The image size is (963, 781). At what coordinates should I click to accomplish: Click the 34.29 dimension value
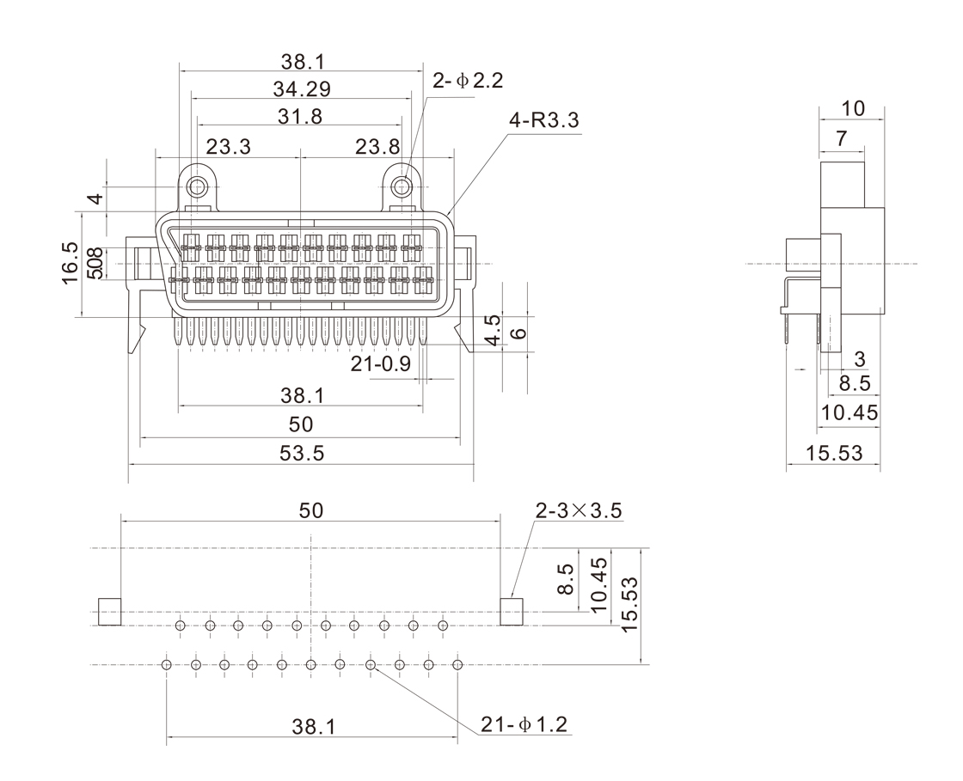coord(302,88)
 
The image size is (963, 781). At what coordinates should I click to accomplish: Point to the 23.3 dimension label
coord(228,146)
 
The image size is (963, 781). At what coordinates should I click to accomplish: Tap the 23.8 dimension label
coord(377,146)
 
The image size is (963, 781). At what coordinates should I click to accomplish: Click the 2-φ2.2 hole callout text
coord(468,81)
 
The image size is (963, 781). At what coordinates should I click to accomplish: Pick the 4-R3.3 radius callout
coord(544,121)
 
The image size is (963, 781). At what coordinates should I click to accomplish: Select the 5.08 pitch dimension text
coord(96,263)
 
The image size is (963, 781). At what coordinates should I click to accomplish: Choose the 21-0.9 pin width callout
coord(380,364)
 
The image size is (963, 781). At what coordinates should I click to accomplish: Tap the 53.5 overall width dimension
coord(302,453)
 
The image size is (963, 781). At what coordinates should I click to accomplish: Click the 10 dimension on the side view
coord(852,108)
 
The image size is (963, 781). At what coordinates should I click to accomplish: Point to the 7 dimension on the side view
coord(841,137)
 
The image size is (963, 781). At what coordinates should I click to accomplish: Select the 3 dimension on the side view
coord(860,358)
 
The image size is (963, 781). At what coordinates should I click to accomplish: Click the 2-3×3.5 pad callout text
coord(579,510)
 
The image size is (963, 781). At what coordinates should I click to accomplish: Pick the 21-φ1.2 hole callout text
coord(524,725)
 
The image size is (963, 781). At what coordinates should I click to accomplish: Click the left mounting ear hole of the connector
coord(199,186)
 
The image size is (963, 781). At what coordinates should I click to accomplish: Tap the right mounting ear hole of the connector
coord(402,186)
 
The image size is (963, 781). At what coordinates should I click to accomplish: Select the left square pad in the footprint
coord(109,612)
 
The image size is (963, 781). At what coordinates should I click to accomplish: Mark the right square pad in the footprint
coord(512,612)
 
